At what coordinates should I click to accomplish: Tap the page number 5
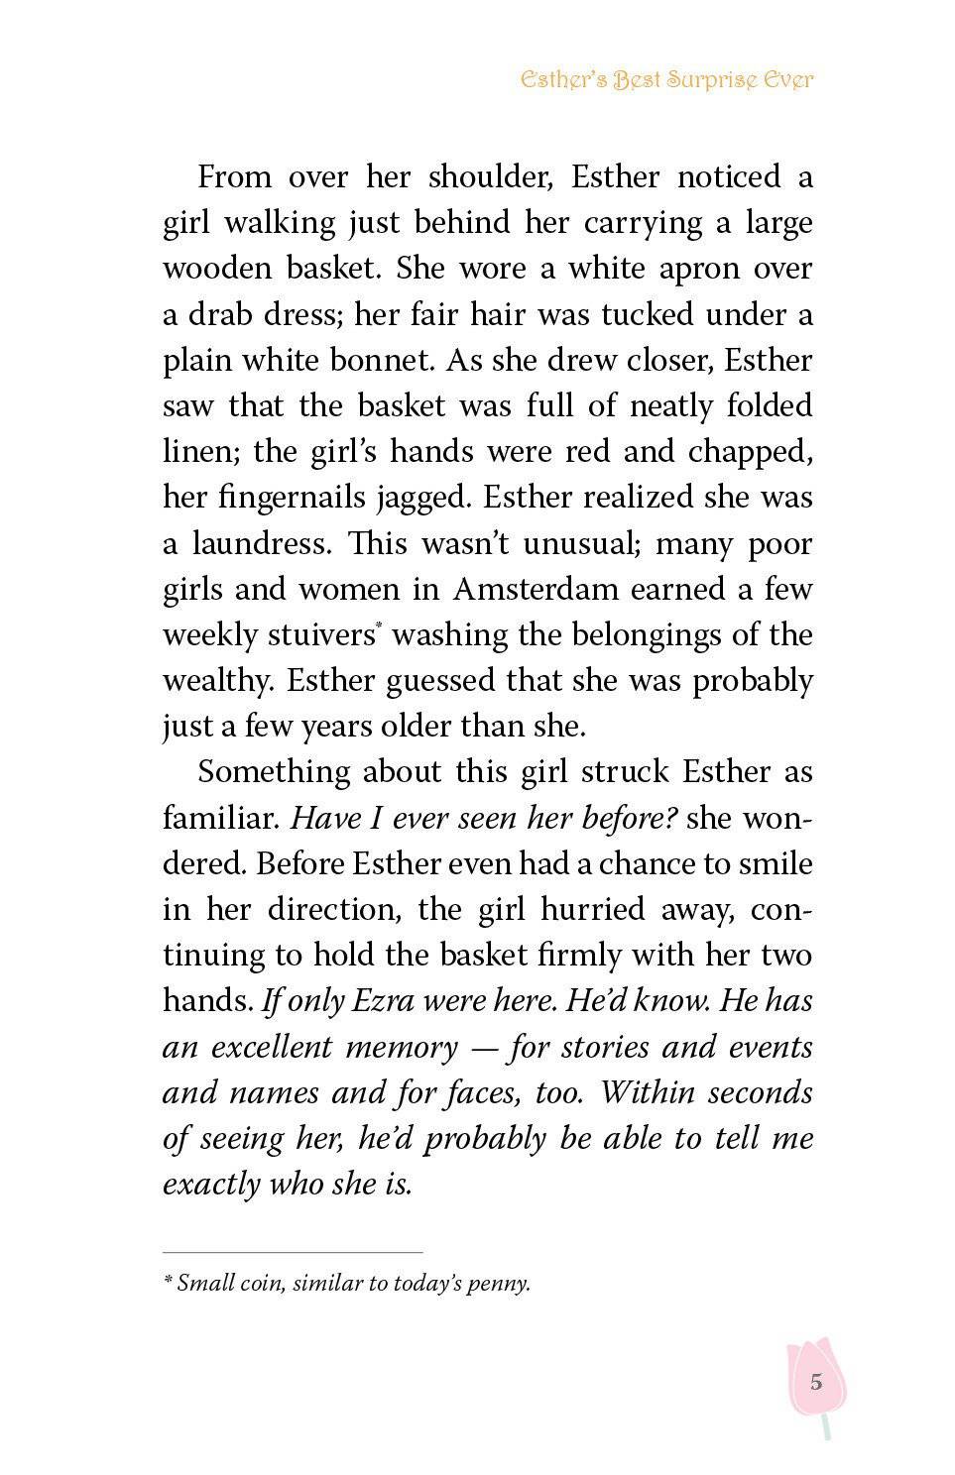tap(815, 1382)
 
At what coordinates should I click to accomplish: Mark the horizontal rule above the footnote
tap(293, 1252)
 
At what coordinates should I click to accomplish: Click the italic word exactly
tap(210, 1185)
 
